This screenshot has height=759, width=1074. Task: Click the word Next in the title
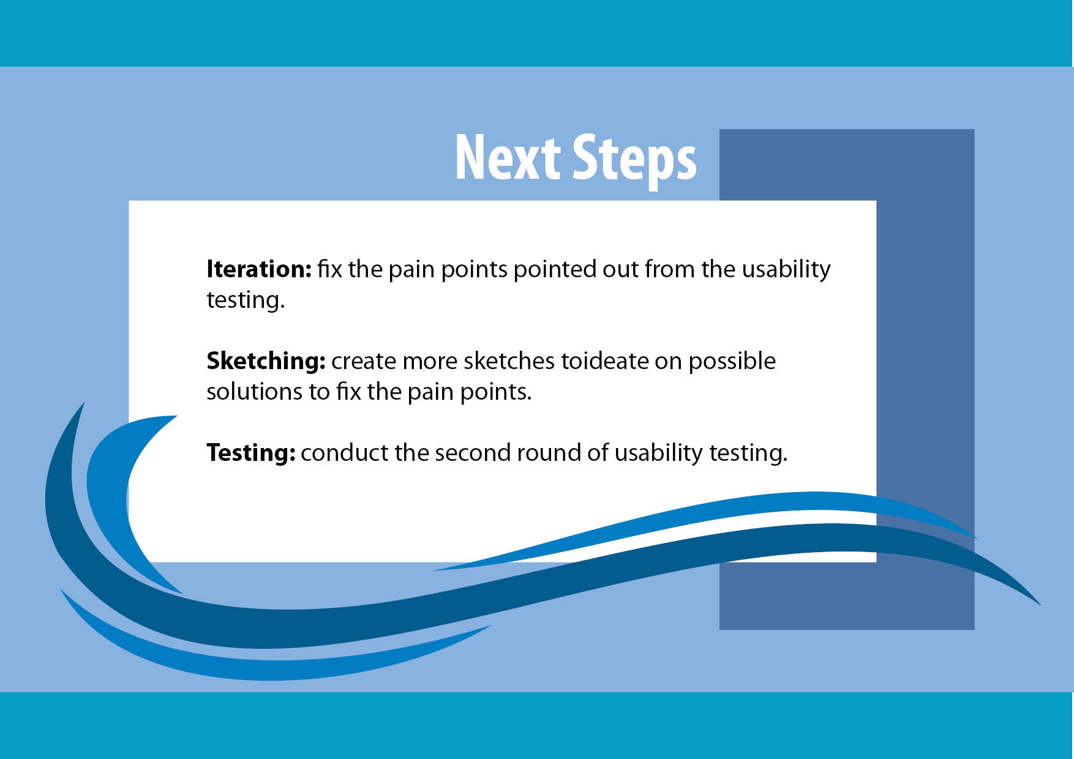coord(508,157)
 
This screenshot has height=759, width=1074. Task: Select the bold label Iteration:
coord(259,269)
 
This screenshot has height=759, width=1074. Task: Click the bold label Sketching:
coord(266,361)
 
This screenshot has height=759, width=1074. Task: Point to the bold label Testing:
coord(251,453)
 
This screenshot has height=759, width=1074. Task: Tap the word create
coord(364,362)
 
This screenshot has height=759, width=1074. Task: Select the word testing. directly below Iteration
coord(246,301)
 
